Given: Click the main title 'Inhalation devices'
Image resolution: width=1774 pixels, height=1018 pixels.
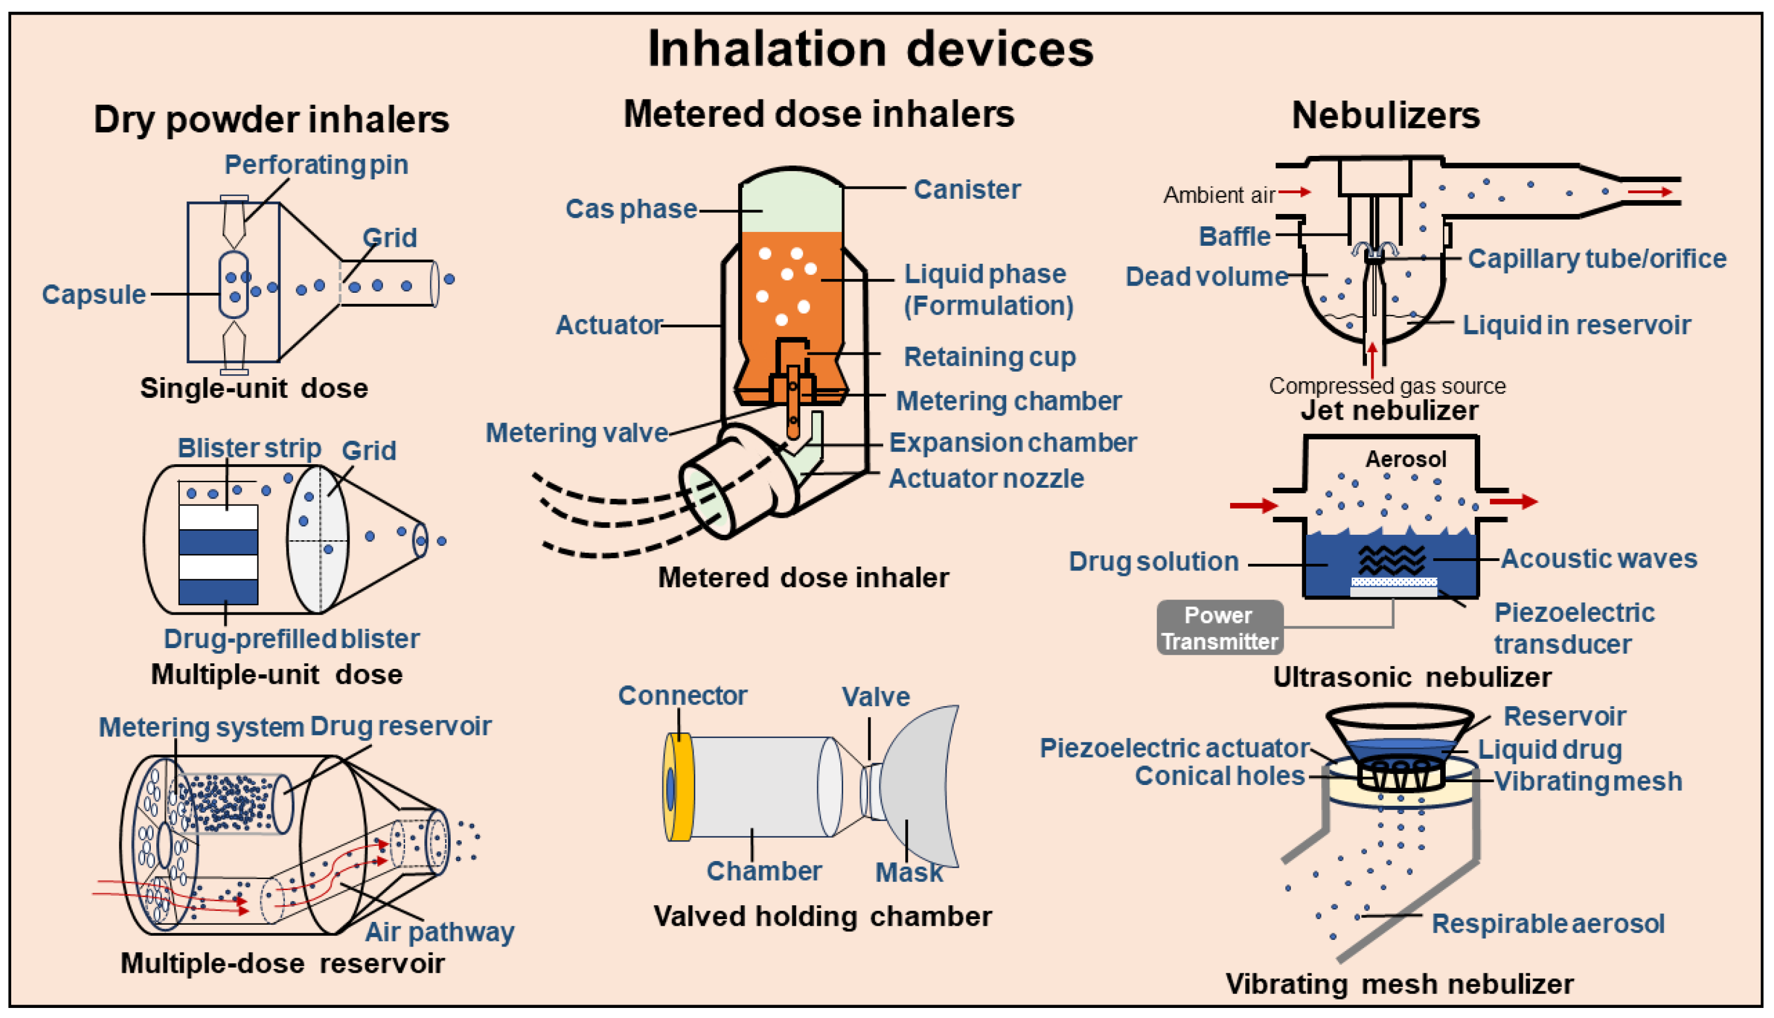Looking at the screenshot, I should point(870,49).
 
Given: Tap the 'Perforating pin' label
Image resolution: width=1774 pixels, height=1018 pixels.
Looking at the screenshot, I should point(316,165).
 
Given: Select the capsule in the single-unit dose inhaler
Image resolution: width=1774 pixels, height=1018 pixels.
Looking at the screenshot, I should point(233,286).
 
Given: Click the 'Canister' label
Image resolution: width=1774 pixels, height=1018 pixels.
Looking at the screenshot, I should point(967,189).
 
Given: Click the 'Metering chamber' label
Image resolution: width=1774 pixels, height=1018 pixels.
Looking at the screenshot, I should point(1008,401).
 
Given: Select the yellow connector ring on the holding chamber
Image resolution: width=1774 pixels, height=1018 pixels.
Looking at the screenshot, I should point(679,787).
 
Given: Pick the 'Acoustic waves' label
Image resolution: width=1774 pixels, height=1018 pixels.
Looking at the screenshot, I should point(1598,559).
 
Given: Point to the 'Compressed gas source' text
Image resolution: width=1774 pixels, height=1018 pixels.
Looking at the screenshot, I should point(1387,386).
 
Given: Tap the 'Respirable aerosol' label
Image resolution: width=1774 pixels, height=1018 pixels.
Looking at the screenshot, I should point(1548,924).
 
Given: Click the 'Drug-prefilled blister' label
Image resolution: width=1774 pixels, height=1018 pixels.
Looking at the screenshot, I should point(291,639).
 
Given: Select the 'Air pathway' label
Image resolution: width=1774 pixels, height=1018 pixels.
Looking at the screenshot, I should point(439,932).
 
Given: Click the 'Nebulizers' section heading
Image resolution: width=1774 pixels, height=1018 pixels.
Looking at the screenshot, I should point(1385,115).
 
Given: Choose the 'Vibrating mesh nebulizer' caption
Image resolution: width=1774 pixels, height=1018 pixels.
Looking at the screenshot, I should point(1399,984).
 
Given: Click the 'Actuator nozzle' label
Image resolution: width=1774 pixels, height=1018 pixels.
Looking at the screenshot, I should point(986,479).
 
